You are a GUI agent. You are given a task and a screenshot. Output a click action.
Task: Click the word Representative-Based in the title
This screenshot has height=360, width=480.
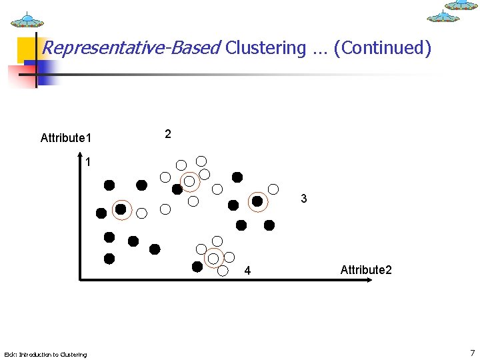point(131,48)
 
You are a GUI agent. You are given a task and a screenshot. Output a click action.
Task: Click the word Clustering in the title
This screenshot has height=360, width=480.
point(265,48)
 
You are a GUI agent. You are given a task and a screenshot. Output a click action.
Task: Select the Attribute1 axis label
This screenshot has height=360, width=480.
point(66,138)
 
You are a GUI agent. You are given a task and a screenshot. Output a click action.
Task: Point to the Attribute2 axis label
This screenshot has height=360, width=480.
point(366,270)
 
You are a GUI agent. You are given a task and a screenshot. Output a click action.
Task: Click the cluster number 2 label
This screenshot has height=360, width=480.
point(168,134)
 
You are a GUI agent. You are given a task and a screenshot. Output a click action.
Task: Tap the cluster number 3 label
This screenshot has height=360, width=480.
point(304,199)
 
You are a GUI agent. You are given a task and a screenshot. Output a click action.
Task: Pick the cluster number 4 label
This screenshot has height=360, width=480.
point(247,271)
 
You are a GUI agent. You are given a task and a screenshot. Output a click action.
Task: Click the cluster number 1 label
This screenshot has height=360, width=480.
point(88,162)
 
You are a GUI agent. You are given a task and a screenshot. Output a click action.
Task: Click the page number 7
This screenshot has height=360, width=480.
point(472,353)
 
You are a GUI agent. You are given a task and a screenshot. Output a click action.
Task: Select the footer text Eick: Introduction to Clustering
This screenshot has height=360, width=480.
point(45,354)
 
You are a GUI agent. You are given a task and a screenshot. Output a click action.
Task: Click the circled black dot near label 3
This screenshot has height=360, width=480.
point(257,201)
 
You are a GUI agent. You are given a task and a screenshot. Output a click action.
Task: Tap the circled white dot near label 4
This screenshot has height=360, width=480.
point(213,257)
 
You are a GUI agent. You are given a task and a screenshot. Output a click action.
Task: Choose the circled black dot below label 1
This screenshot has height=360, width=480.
point(121,209)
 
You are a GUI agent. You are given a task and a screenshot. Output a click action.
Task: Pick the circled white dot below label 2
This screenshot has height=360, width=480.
point(189,181)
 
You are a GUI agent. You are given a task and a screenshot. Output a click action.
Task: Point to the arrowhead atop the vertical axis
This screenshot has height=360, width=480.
point(80,159)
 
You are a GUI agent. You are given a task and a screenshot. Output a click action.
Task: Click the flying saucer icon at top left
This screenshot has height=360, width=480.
point(27,20)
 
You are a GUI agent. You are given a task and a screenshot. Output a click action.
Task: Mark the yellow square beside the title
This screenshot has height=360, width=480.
point(27,48)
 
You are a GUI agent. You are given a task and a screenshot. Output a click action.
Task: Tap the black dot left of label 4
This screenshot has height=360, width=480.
point(197,267)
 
